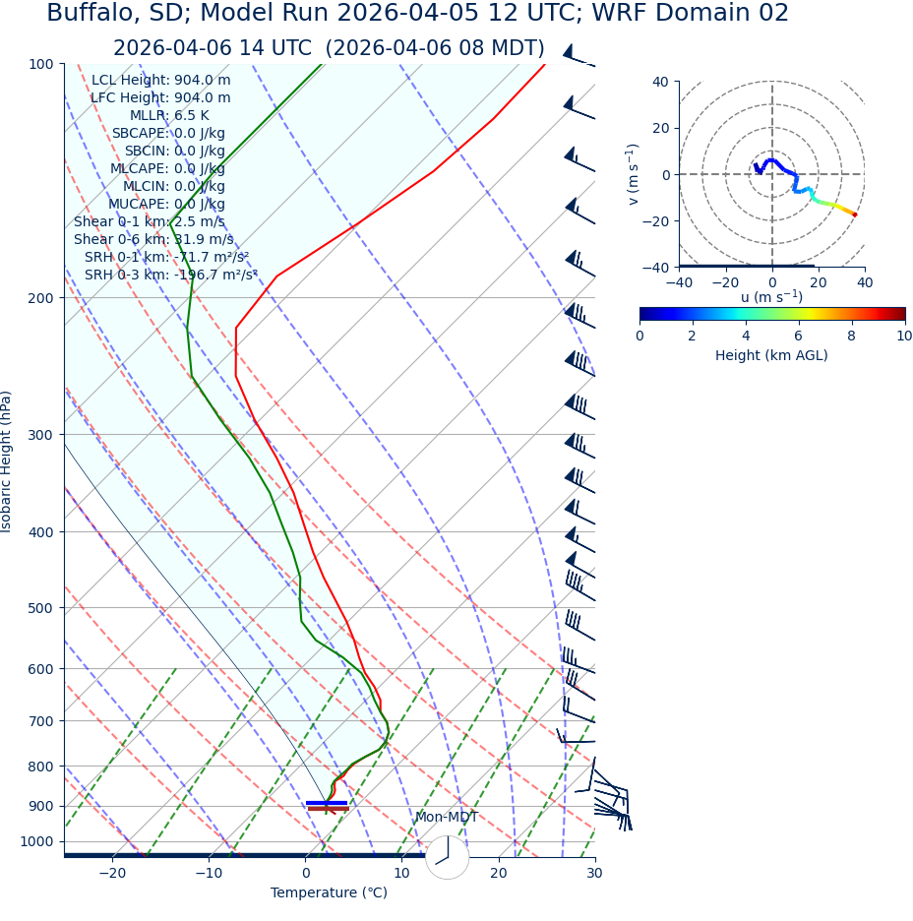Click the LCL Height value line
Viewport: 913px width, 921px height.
(161, 81)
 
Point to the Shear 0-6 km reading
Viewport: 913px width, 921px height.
(153, 240)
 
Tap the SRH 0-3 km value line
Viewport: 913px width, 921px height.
(170, 276)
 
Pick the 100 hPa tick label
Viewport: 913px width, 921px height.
(41, 64)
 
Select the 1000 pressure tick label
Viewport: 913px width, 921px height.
(37, 841)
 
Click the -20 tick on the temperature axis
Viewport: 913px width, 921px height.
(112, 873)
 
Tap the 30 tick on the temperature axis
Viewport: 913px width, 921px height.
(594, 873)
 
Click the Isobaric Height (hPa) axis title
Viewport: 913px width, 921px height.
(7, 461)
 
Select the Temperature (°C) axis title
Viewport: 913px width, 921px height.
(329, 893)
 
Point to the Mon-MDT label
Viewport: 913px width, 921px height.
(446, 818)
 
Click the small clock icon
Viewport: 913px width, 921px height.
(448, 857)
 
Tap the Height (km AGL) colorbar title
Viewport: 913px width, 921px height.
(771, 355)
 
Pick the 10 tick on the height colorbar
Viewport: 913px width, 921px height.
(904, 337)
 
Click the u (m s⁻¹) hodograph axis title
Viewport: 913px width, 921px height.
(771, 297)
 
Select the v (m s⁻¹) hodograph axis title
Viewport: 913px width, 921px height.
(634, 174)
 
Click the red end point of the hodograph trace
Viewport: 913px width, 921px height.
(854, 215)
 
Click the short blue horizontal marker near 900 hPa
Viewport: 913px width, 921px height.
(327, 803)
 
